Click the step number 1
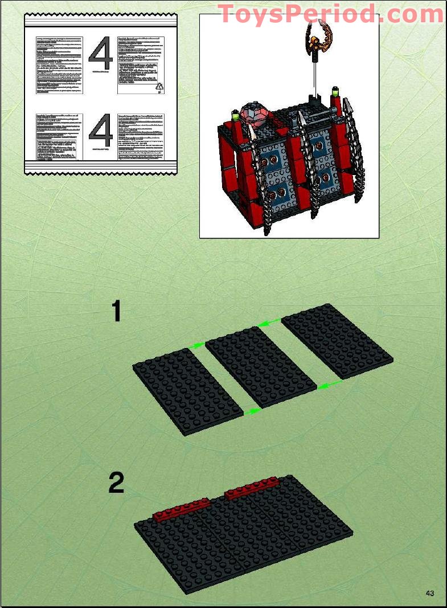pos(116,312)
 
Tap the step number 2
pos(116,484)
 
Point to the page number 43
pos(430,593)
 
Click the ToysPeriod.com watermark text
pos(330,14)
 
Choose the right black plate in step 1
pos(337,341)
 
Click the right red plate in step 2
pos(252,489)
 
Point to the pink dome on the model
pos(256,115)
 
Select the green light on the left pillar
pos(235,117)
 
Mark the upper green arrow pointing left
pos(268,323)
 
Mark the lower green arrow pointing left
pos(330,385)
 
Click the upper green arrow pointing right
pos(196,344)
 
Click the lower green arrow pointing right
pos(252,410)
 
